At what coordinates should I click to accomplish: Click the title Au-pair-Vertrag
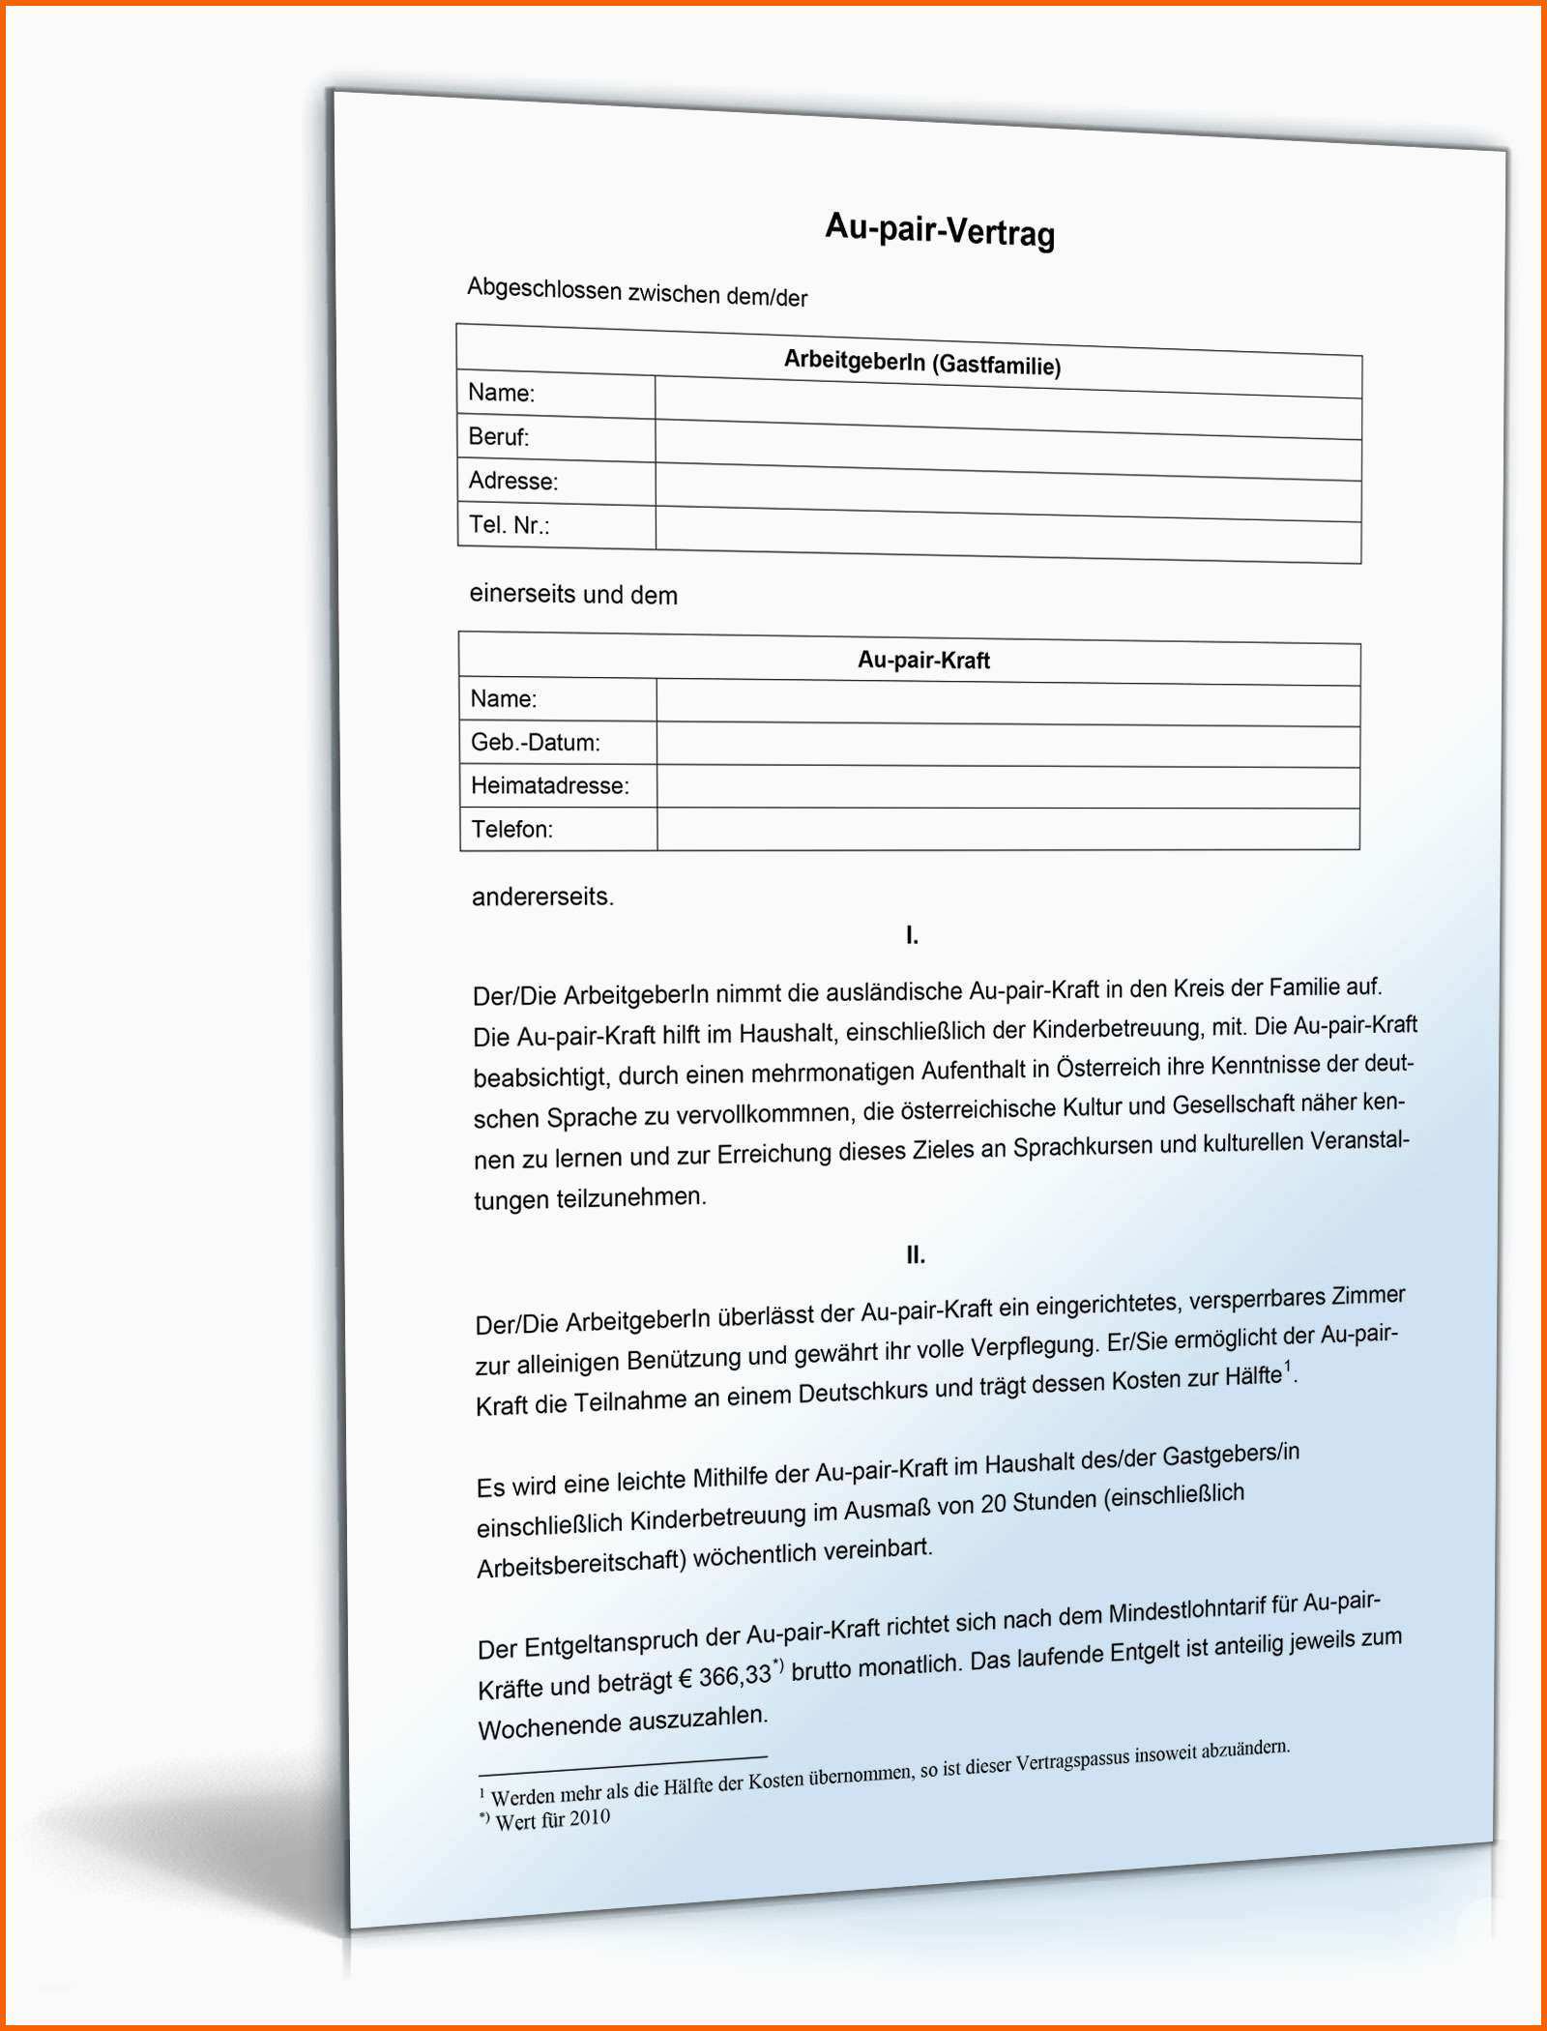tap(940, 231)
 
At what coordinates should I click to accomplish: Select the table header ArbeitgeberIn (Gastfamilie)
tap(921, 363)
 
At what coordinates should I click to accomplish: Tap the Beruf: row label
tap(499, 436)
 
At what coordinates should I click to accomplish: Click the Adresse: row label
tap(513, 481)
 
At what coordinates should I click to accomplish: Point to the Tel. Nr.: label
tap(510, 525)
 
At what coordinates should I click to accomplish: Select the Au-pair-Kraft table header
tap(923, 661)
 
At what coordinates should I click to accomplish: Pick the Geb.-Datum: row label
tap(536, 742)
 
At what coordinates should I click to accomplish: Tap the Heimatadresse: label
tap(550, 785)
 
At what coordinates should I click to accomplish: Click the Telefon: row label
tap(512, 829)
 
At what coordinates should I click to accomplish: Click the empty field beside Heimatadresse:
tap(1007, 787)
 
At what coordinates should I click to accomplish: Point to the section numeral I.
tap(912, 935)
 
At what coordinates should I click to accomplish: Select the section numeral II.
tap(916, 1255)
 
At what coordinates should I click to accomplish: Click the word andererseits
tap(542, 897)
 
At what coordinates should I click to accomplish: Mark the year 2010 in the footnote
tap(589, 1817)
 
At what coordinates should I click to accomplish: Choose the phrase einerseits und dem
tap(573, 594)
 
